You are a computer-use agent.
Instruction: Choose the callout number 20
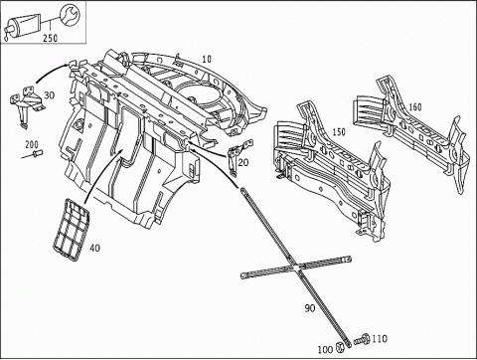[244, 163]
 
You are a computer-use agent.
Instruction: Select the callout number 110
[379, 339]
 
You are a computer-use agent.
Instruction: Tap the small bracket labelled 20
[235, 157]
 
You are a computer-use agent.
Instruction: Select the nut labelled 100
[342, 346]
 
